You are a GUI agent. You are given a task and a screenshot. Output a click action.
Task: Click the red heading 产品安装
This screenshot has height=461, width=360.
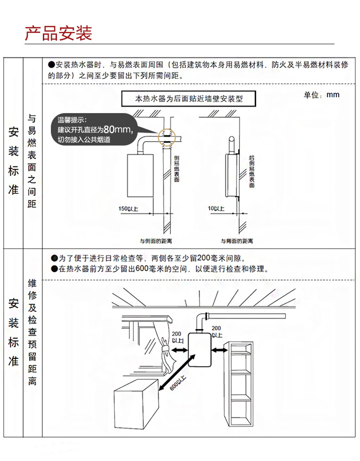pos(58,33)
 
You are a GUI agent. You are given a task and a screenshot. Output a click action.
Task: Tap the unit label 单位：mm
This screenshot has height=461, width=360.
pos(321,94)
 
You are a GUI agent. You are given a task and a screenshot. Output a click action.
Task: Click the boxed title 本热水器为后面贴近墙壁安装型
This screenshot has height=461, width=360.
pos(189,98)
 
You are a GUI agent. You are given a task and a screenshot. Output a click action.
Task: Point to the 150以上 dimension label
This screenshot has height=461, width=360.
pos(128,209)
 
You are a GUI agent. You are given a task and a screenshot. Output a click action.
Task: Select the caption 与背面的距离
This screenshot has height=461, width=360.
pos(237,240)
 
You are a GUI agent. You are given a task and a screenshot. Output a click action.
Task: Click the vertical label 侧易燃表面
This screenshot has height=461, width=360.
pos(176,169)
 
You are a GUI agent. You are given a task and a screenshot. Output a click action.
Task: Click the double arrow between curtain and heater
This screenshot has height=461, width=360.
pos(179,350)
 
